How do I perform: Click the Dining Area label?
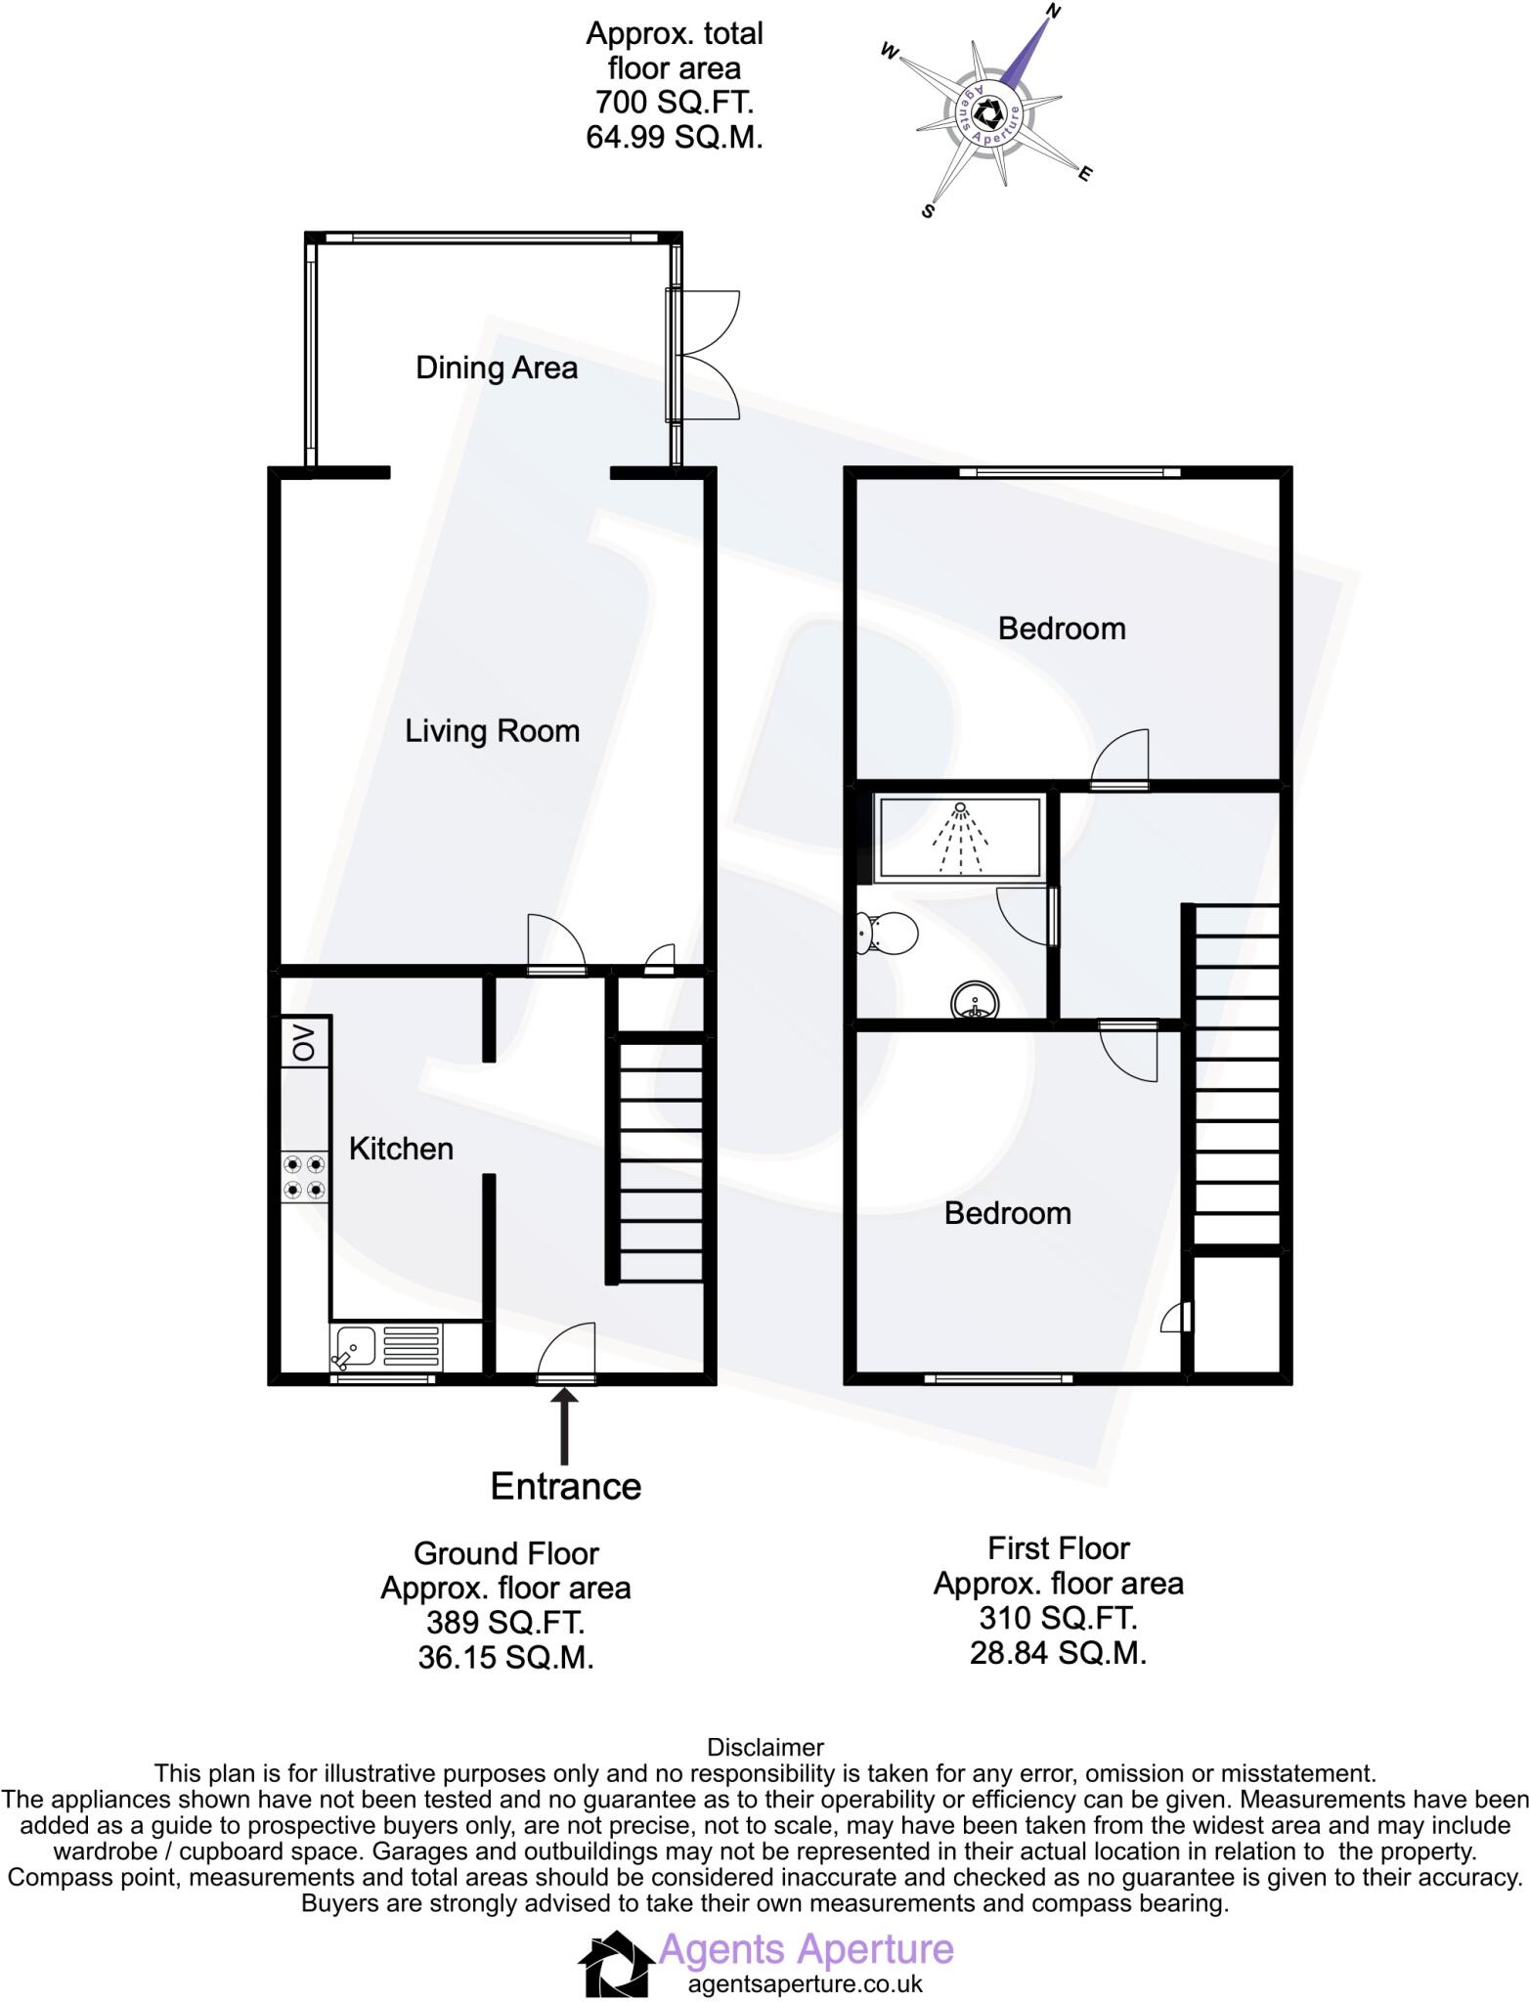click(x=496, y=368)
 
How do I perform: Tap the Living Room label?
click(x=492, y=730)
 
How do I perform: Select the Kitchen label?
click(x=401, y=1148)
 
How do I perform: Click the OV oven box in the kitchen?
click(x=306, y=1042)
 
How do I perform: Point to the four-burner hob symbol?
click(x=304, y=1177)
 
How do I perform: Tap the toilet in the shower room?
click(x=887, y=933)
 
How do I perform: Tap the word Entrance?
click(x=565, y=1486)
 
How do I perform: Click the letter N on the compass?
click(x=1054, y=13)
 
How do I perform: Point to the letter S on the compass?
click(x=929, y=209)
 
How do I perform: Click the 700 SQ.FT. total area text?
click(x=674, y=103)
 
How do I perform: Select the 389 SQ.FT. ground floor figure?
click(x=504, y=1623)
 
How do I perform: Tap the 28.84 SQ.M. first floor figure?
click(x=1058, y=1653)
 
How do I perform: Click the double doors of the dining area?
click(x=706, y=355)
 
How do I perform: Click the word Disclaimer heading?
click(x=764, y=1747)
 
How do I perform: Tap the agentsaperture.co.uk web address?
click(x=805, y=1984)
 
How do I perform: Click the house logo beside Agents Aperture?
click(x=616, y=1964)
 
